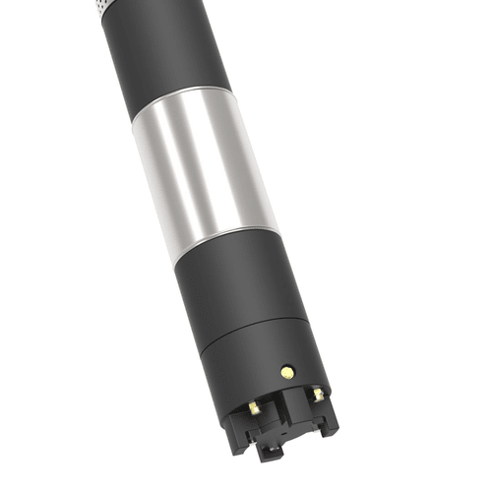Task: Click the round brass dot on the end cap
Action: point(286,372)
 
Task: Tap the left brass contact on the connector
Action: point(254,406)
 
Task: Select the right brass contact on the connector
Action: point(318,395)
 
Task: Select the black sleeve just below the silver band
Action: point(236,285)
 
